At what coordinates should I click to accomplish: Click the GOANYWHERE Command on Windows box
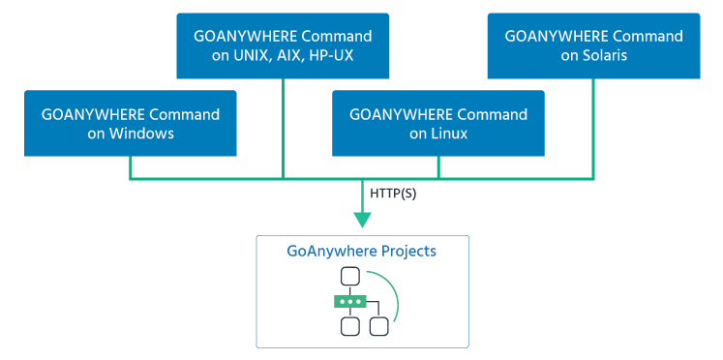click(x=131, y=124)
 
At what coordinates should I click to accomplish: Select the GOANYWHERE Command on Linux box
click(x=438, y=124)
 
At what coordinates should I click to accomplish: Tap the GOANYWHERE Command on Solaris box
click(x=593, y=45)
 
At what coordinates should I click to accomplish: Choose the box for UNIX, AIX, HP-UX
click(x=283, y=45)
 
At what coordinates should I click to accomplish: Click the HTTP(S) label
click(x=394, y=194)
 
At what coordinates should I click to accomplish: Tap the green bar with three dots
click(x=349, y=301)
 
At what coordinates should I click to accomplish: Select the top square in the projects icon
click(x=349, y=278)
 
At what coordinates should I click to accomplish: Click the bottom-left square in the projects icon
click(x=349, y=325)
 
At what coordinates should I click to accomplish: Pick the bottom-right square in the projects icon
click(x=378, y=325)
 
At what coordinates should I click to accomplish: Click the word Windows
click(x=143, y=134)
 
